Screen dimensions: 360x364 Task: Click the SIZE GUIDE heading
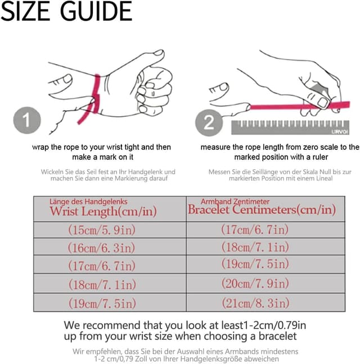66,11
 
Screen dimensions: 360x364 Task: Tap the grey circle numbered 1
27,120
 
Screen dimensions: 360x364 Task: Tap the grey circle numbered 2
209,122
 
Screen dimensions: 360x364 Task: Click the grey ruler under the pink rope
290,127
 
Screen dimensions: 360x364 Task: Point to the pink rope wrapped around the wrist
95,98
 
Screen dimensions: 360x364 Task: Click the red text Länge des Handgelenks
88,202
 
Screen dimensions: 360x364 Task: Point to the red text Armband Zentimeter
235,202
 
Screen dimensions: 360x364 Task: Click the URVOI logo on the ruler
340,132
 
